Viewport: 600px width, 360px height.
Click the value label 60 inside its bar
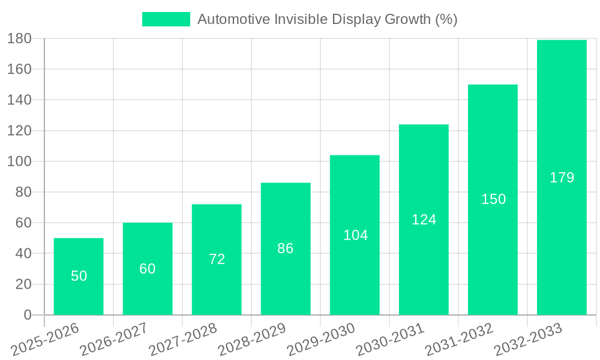tap(148, 269)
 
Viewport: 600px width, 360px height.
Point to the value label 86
tap(286, 248)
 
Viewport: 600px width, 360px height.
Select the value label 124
tap(424, 220)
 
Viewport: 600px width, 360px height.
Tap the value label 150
tap(493, 199)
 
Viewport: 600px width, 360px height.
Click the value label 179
tap(562, 178)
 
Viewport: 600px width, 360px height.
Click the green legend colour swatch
tap(166, 19)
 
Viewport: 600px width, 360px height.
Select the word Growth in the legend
tap(403, 19)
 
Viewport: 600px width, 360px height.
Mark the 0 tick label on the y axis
tap(27, 315)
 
